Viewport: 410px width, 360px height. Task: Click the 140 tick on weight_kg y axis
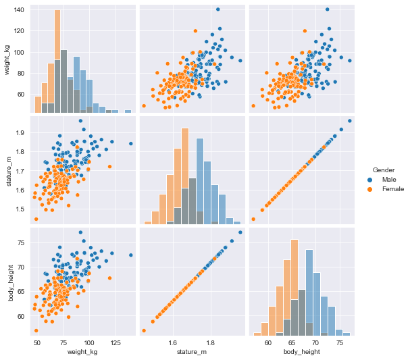[x=19, y=10]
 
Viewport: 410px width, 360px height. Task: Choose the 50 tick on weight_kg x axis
[x=36, y=342]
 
